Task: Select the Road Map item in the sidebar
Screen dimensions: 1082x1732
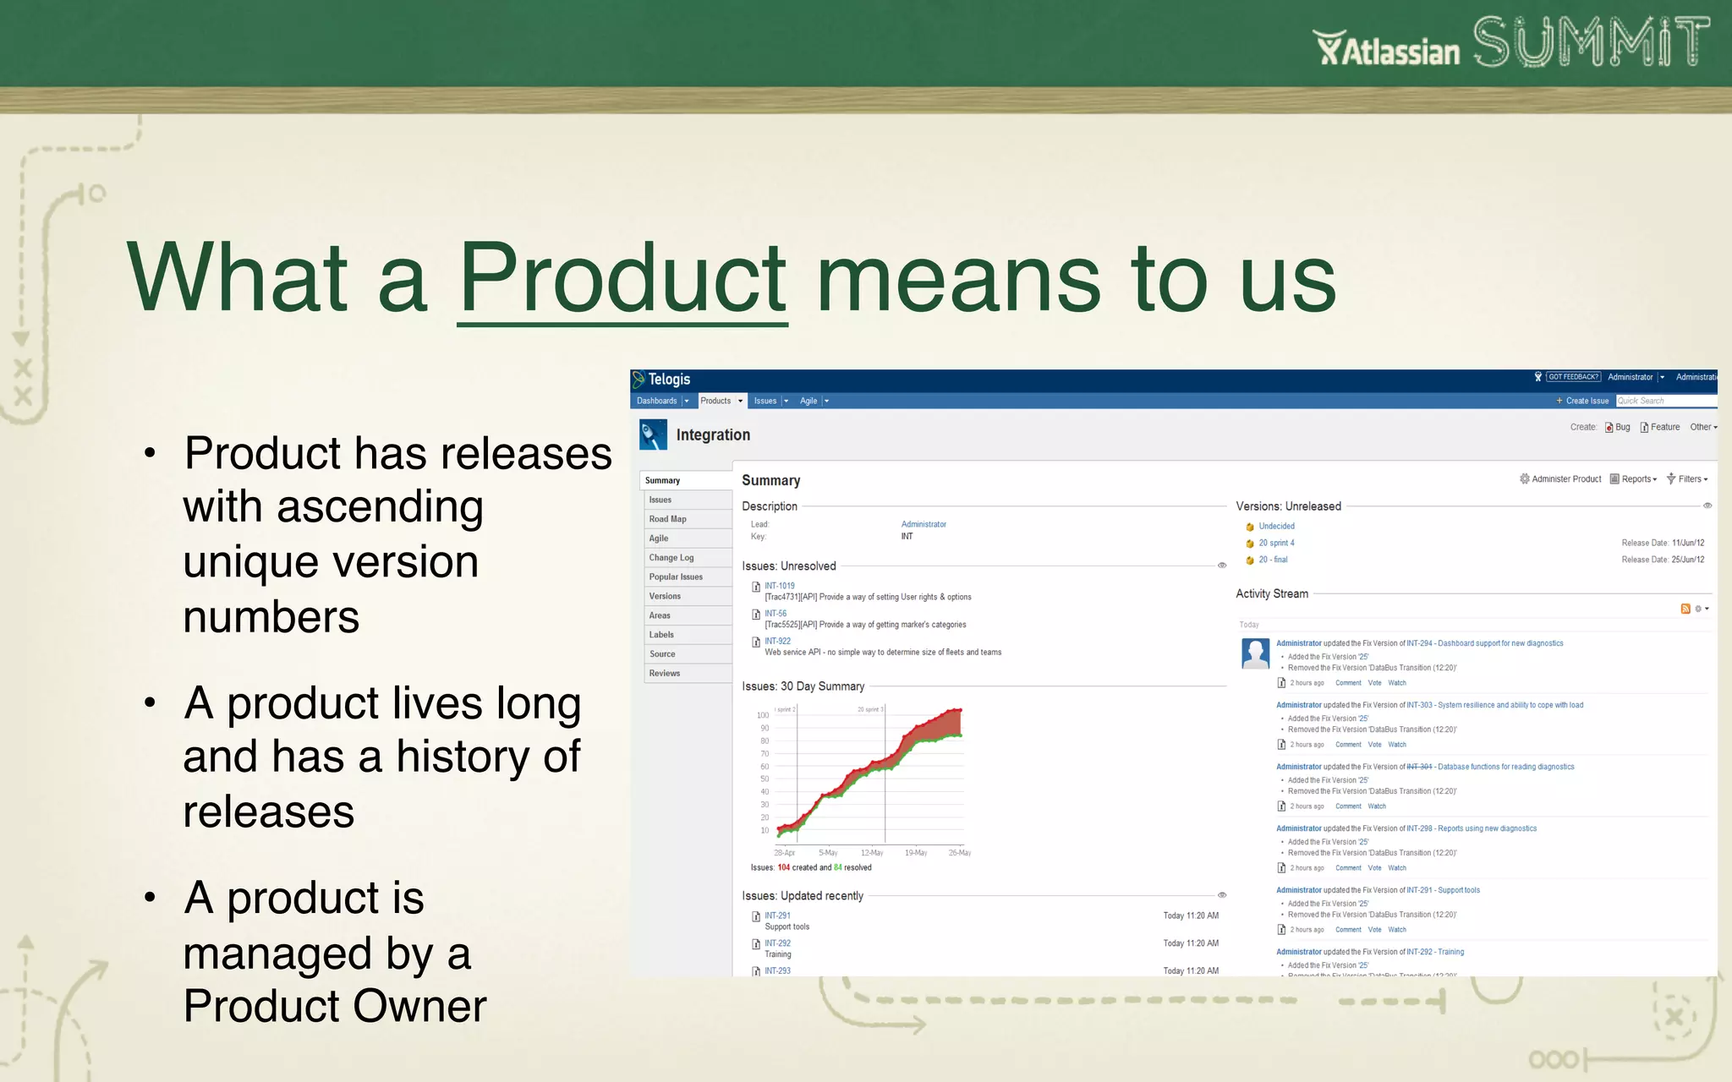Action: click(667, 519)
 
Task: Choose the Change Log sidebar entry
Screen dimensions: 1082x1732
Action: click(671, 558)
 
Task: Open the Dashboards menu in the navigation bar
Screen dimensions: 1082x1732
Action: click(657, 401)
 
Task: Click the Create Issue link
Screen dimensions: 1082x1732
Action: click(1586, 401)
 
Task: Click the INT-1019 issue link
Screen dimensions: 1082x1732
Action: click(779, 586)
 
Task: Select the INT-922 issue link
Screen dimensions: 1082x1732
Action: click(777, 641)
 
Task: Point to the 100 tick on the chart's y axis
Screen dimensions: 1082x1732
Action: click(762, 715)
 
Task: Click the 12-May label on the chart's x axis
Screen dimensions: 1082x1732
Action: click(871, 853)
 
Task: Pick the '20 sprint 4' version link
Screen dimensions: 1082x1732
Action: click(1276, 543)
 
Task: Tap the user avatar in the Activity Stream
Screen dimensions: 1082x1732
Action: click(1255, 653)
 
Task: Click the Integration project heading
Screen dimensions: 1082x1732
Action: click(712, 434)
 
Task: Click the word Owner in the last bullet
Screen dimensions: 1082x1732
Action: click(419, 1006)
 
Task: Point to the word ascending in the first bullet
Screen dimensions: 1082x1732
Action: click(380, 507)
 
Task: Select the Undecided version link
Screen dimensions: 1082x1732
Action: click(1276, 526)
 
